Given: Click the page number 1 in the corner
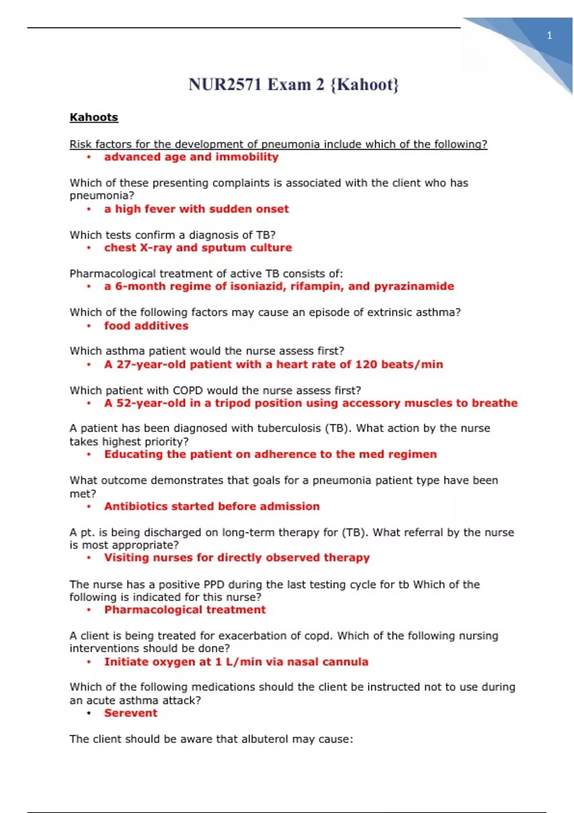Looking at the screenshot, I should (x=549, y=35).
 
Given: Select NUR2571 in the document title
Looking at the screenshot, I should (x=225, y=85).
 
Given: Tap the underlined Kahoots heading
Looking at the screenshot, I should (x=94, y=118).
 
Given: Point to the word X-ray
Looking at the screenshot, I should (x=156, y=248).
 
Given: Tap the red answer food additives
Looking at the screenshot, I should (x=146, y=326).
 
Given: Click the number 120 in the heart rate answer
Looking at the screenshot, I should (x=366, y=364).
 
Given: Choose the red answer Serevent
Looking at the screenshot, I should (x=131, y=713).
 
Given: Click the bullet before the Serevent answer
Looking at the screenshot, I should (x=89, y=714).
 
